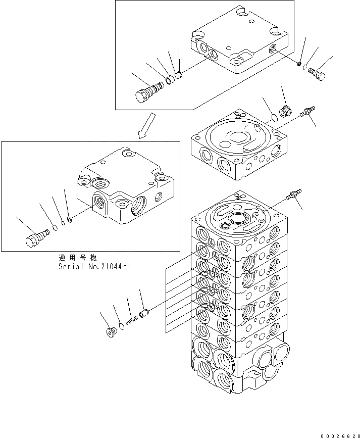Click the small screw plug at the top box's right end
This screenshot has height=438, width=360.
[x=317, y=74]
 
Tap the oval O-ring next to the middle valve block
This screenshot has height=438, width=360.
[x=272, y=118]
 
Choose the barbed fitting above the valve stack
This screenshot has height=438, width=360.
[x=293, y=194]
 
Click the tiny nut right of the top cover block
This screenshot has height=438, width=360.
[x=299, y=64]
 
